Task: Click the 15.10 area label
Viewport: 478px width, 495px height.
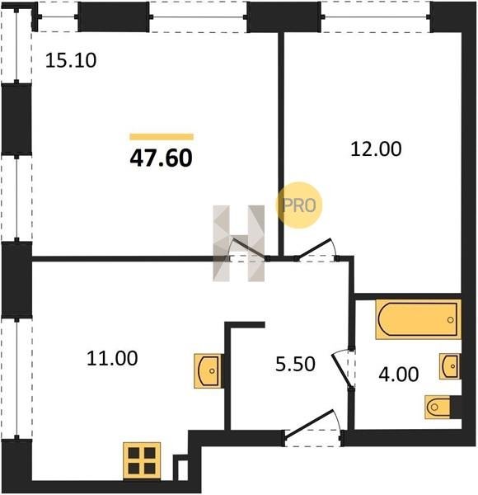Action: (71, 60)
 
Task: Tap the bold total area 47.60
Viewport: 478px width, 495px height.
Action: (161, 158)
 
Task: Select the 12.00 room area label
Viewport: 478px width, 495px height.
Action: (376, 149)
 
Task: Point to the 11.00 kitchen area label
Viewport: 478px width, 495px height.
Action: (112, 358)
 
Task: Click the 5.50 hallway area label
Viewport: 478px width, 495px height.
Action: (295, 364)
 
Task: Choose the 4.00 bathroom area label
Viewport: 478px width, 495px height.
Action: (399, 375)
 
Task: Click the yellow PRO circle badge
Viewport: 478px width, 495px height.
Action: (299, 205)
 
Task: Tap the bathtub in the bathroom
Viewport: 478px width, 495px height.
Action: (418, 319)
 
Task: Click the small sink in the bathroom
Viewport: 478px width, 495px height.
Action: (450, 366)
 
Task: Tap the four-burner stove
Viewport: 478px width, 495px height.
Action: (142, 460)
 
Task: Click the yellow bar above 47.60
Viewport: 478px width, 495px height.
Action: (162, 137)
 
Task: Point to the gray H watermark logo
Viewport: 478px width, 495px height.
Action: (239, 243)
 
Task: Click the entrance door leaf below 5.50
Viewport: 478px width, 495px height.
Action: (309, 423)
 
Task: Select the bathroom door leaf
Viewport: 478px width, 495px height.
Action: (341, 370)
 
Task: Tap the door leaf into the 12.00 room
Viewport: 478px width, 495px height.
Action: (313, 248)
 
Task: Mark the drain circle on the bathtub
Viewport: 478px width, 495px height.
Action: (450, 320)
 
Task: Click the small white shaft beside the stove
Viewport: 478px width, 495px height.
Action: (183, 470)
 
